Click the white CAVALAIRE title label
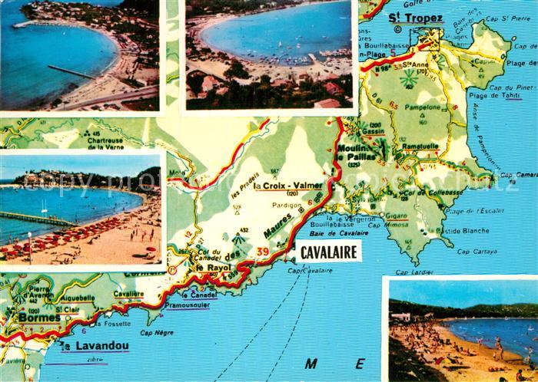[323, 252]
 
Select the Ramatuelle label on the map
[417, 145]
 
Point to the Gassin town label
[374, 132]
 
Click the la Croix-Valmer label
[292, 186]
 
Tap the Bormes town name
[34, 317]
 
